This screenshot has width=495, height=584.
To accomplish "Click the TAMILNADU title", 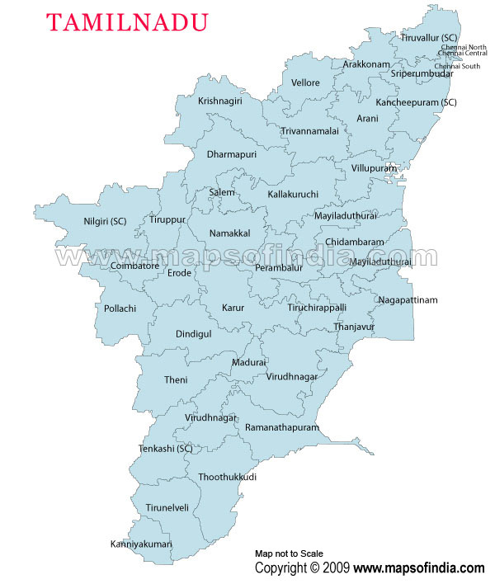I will click(126, 22).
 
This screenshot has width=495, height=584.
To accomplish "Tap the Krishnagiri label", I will click(220, 101).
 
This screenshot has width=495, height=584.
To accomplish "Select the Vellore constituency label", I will click(305, 83).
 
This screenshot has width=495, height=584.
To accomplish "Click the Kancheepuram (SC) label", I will click(416, 102).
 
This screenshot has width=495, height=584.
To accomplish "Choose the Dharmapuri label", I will click(232, 154).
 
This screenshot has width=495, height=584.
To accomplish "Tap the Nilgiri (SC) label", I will click(105, 221).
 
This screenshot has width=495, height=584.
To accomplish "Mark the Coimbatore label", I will click(134, 266).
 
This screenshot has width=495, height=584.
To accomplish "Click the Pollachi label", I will click(120, 308).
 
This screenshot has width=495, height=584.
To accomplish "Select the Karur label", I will click(233, 308).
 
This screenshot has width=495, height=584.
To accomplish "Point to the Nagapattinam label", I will click(408, 299).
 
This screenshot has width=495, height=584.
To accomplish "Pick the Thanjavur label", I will click(354, 327).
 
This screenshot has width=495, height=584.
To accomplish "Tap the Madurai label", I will click(248, 362).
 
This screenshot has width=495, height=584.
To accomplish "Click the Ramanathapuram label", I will click(281, 428).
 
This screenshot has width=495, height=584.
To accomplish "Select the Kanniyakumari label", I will click(141, 544).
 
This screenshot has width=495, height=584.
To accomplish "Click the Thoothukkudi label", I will click(227, 478).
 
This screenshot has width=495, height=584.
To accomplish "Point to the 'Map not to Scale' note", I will click(289, 553).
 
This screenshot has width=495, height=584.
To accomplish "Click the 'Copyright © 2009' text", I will click(303, 568).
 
